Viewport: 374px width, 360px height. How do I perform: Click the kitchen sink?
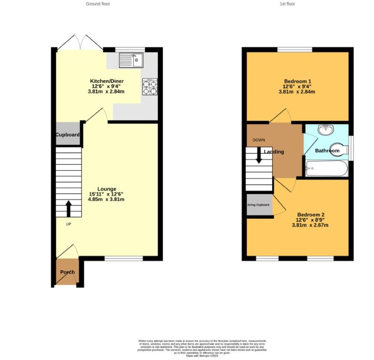[131, 60]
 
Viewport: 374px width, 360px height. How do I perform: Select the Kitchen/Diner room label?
[107, 81]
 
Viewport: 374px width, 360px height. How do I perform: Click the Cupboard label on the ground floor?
[68, 135]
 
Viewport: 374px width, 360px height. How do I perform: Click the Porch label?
[68, 272]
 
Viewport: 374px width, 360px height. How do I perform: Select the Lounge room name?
[107, 189]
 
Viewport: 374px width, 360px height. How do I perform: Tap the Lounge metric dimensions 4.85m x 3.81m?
[107, 199]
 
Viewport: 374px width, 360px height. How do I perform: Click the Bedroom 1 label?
[297, 81]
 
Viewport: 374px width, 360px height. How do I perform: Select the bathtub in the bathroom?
[326, 170]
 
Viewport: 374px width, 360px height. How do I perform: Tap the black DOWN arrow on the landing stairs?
[259, 156]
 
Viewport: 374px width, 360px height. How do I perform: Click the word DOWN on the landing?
[259, 140]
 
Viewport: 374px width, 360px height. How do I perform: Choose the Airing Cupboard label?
[259, 205]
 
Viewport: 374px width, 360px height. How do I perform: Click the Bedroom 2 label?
[311, 215]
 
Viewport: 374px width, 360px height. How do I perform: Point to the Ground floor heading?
[98, 4]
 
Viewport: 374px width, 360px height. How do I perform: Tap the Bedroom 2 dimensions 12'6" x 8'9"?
[311, 220]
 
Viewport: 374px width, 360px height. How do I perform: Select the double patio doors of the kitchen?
[80, 43]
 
